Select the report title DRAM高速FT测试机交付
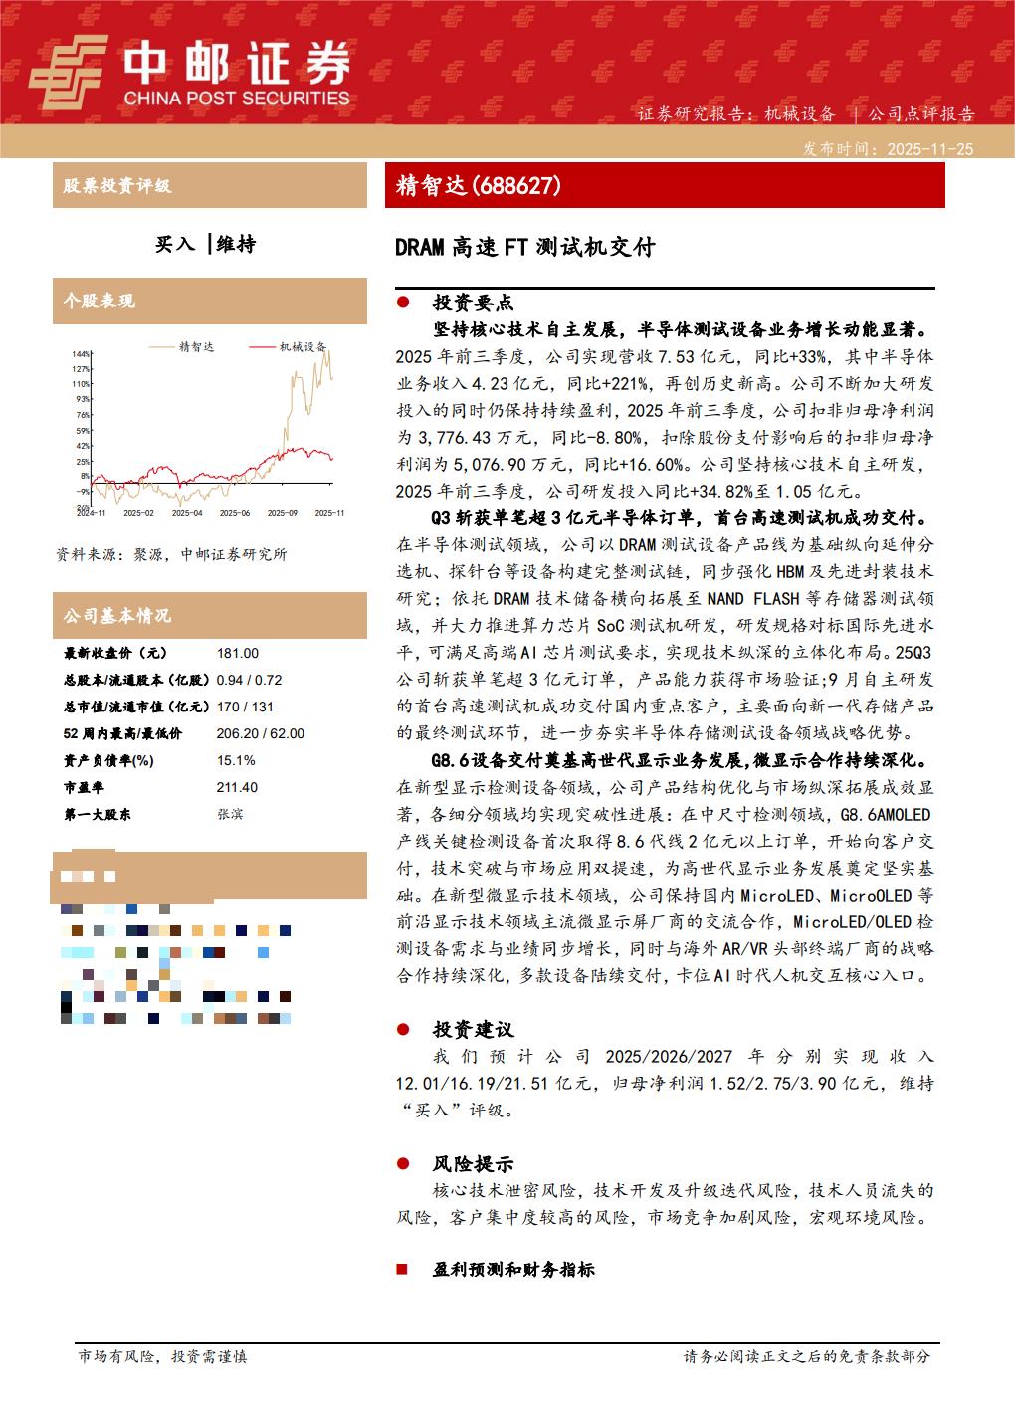click(x=525, y=247)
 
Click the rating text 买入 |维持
click(x=206, y=244)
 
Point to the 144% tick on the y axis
click(x=82, y=353)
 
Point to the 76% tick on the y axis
click(x=83, y=415)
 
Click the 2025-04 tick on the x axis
click(x=186, y=513)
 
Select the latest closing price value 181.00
click(x=237, y=654)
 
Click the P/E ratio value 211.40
click(x=237, y=787)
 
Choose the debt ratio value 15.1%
click(x=235, y=760)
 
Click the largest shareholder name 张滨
click(x=229, y=814)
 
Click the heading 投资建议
click(x=473, y=1029)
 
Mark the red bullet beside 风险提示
click(x=402, y=1163)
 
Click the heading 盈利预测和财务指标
click(x=513, y=1270)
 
